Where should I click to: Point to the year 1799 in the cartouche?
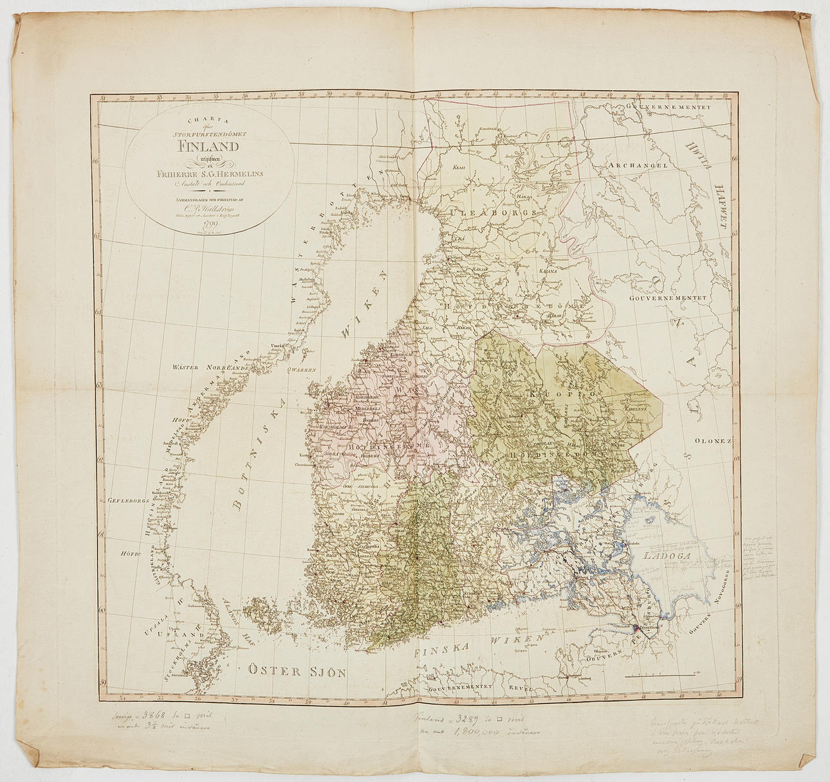coord(209,224)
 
